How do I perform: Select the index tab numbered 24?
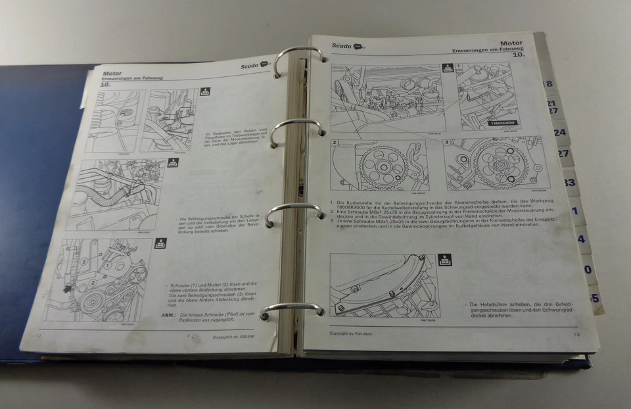(559, 132)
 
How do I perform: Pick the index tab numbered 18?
(548, 84)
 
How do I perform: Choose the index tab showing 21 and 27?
(553, 107)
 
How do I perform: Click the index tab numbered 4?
(581, 239)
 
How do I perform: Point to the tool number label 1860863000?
(502, 123)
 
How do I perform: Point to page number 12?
(38, 336)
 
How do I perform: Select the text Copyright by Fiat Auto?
(356, 333)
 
